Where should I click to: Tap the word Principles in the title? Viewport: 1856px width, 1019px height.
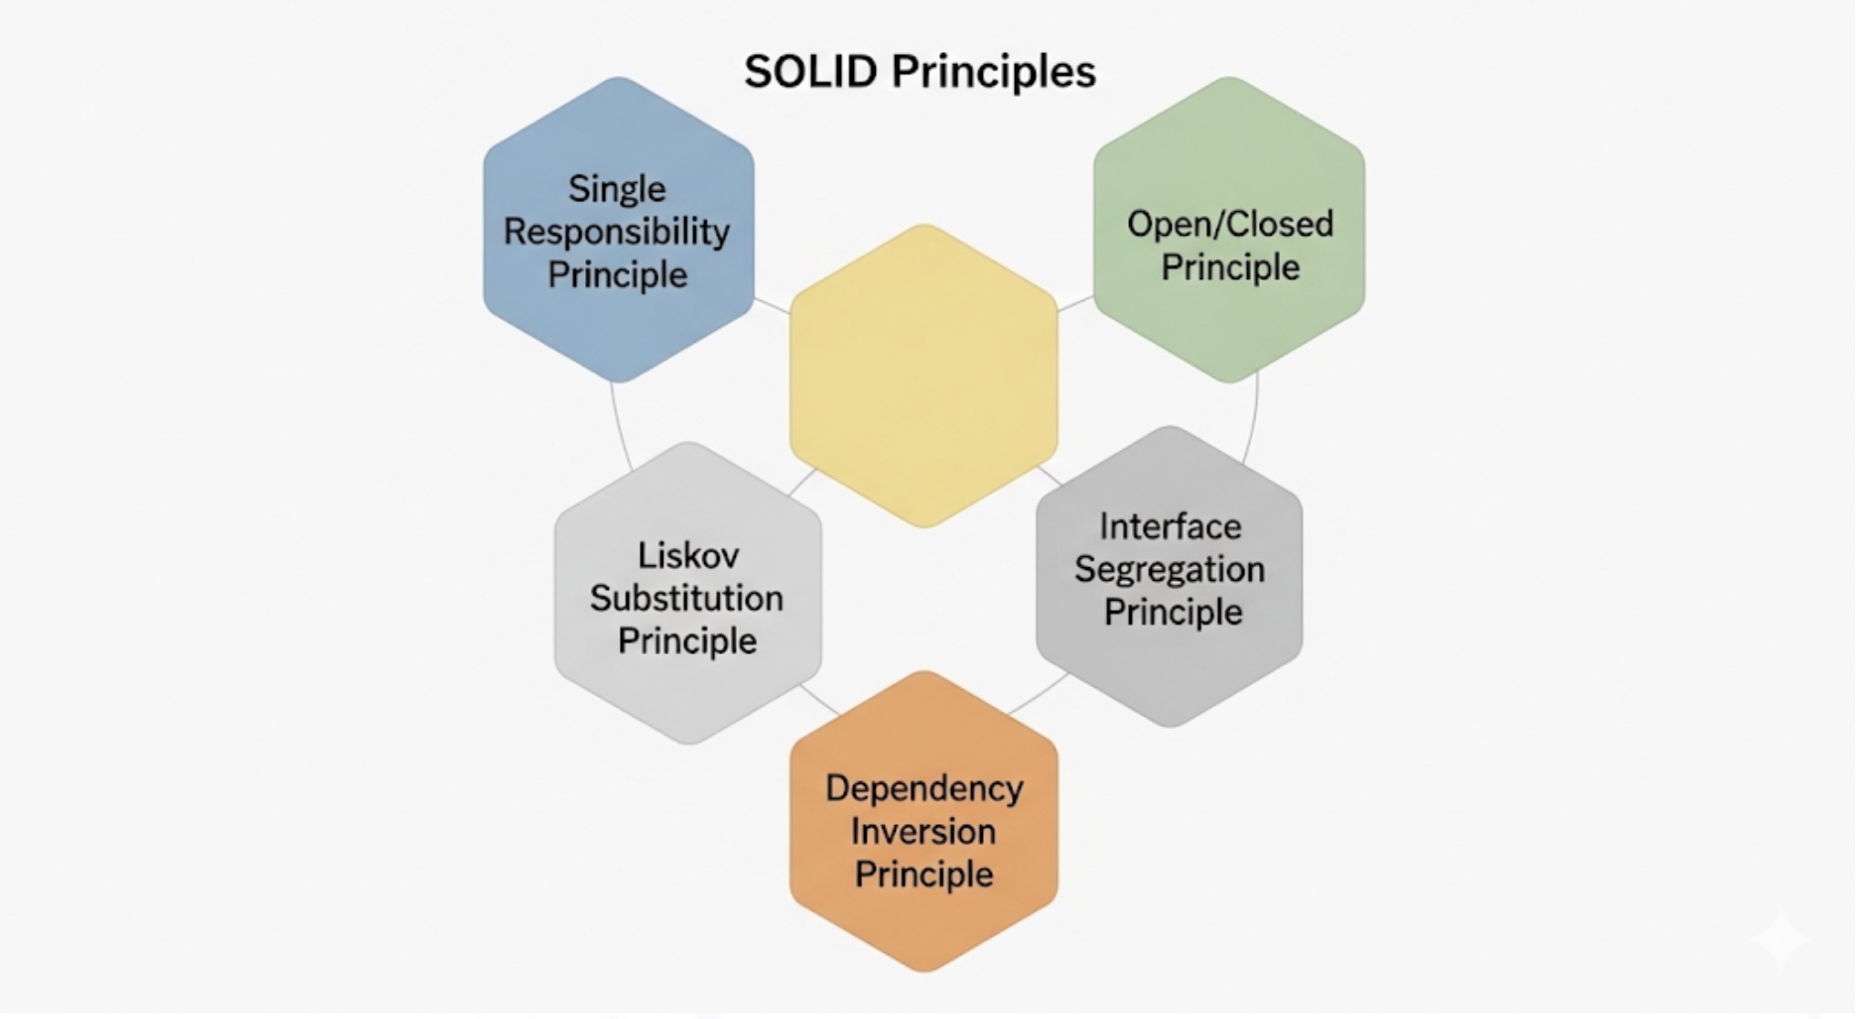tap(994, 71)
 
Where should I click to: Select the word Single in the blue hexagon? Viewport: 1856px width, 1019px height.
tap(617, 189)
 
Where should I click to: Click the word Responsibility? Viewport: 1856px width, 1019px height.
tap(617, 231)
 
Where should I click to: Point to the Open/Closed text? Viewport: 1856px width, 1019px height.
tap(1230, 224)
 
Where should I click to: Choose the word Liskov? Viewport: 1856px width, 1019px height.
tap(688, 555)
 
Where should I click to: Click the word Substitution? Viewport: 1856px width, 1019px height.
tap(687, 598)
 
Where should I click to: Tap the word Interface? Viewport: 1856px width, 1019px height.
tap(1170, 527)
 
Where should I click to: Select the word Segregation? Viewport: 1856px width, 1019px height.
tap(1169, 569)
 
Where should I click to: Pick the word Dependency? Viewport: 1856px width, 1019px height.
tap(924, 788)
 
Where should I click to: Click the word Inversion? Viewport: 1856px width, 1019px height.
tap(923, 831)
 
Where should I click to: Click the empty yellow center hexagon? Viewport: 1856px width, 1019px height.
tap(923, 375)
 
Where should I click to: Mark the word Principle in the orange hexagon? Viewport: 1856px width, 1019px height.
tap(923, 874)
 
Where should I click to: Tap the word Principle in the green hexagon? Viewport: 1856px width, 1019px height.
tap(1230, 268)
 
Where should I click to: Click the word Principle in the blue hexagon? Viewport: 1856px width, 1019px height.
tap(617, 274)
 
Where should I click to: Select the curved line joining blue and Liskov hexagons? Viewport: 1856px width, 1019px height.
tap(620, 428)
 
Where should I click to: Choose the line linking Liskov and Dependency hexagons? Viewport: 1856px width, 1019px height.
tap(820, 700)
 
